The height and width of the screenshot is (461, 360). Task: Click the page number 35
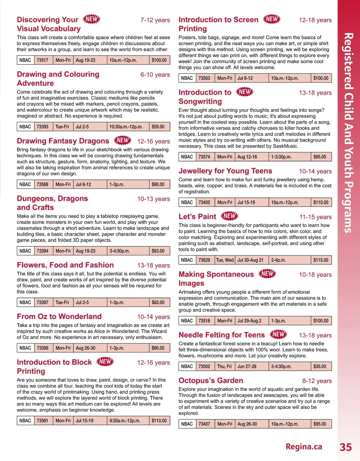346,447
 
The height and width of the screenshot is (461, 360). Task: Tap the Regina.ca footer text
304,447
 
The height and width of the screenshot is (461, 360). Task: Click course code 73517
43,60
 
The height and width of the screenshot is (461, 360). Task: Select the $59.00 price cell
158,127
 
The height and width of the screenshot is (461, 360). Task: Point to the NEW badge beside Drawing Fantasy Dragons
123,140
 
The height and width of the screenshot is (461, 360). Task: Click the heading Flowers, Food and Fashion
65,265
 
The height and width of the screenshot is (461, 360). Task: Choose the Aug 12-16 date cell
247,157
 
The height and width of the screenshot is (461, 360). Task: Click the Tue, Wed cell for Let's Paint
225,260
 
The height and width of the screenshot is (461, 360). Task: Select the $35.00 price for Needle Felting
320,367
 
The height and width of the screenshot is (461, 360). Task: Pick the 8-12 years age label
317,381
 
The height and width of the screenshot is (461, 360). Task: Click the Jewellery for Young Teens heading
225,171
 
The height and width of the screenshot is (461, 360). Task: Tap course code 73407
204,424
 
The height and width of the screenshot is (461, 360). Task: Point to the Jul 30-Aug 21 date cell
250,260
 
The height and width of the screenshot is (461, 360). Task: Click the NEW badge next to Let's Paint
230,216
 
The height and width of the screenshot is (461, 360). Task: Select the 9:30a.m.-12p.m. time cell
125,421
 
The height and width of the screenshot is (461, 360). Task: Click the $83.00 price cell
158,251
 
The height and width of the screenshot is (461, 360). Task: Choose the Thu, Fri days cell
224,367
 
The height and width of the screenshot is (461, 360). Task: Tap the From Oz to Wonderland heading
59,317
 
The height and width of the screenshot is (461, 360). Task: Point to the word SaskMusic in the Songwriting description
285,146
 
